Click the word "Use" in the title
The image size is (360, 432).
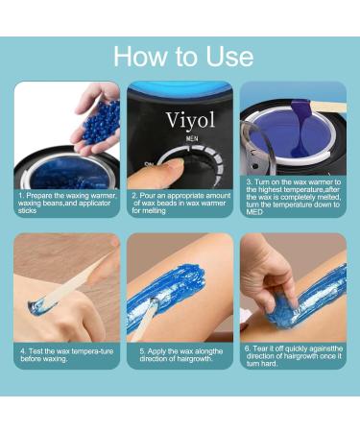click(x=226, y=56)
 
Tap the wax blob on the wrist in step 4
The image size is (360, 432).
click(x=38, y=306)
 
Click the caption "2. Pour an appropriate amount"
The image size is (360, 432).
click(x=180, y=202)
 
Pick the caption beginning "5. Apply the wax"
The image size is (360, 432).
click(x=180, y=355)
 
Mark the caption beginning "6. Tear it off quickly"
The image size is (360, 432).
click(x=292, y=355)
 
